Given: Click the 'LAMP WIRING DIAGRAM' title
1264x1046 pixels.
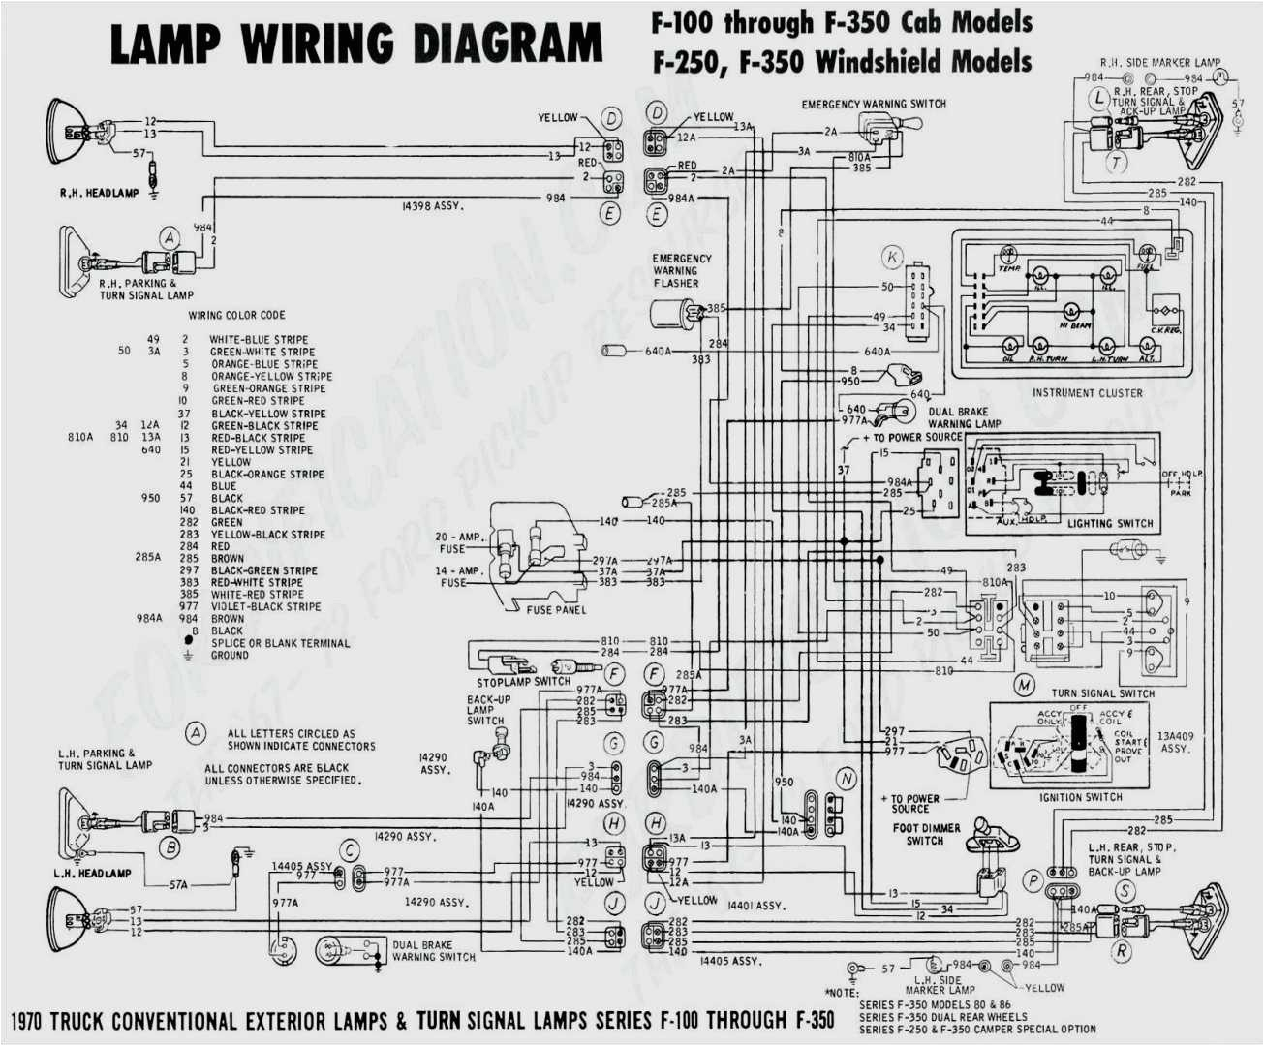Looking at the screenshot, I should tap(356, 45).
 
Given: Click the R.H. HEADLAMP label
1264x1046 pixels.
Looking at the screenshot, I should tap(99, 194).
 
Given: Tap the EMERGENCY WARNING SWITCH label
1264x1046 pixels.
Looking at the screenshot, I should tap(874, 104).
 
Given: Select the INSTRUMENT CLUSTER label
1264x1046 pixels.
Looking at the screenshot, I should tap(1087, 393).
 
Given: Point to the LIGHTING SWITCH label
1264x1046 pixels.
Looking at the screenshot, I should tap(1110, 524).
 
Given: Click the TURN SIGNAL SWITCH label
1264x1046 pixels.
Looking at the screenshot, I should tap(1103, 693).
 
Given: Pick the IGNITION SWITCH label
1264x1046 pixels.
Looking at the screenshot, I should tap(1081, 797).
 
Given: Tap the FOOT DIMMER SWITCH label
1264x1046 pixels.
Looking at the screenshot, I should tap(926, 834).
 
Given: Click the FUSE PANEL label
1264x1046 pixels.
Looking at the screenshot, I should tap(556, 610).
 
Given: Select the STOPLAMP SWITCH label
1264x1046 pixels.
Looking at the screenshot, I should tap(523, 681).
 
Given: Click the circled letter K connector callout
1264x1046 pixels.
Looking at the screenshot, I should tap(892, 258).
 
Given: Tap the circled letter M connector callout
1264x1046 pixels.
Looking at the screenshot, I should tap(1025, 685).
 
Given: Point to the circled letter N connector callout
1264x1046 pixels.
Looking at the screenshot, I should tap(847, 779).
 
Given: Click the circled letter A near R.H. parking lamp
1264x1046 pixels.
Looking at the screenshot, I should tap(170, 238).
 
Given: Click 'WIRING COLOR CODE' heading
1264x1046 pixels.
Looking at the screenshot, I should tap(236, 315).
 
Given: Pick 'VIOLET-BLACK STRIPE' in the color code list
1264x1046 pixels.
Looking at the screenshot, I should tap(265, 606).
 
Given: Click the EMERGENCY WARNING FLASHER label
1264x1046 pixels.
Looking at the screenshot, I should tap(681, 271).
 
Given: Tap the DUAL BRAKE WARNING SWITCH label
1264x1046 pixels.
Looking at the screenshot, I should tap(433, 951).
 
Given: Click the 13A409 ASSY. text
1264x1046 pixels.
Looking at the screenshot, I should tap(1175, 742).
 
